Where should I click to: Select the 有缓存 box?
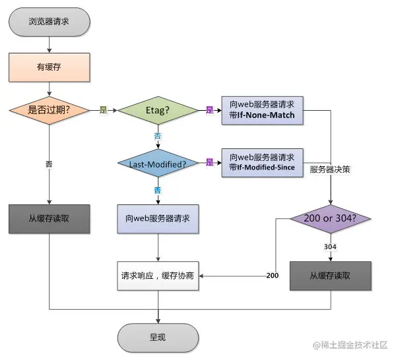(50, 66)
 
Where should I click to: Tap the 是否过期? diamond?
(50, 110)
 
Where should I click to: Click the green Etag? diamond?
(158, 110)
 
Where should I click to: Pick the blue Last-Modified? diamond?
(158, 163)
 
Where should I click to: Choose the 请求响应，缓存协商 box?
(158, 275)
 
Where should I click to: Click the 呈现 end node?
(158, 337)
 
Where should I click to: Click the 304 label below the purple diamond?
(331, 247)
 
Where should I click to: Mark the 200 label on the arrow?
(271, 275)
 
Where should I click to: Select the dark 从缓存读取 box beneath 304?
(331, 275)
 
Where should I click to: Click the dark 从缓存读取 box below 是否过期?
(50, 219)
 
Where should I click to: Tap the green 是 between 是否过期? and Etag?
(103, 110)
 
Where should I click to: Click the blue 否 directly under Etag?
(158, 136)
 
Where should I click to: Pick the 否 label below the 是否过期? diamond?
(50, 163)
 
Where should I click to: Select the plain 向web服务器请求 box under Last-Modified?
(158, 219)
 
